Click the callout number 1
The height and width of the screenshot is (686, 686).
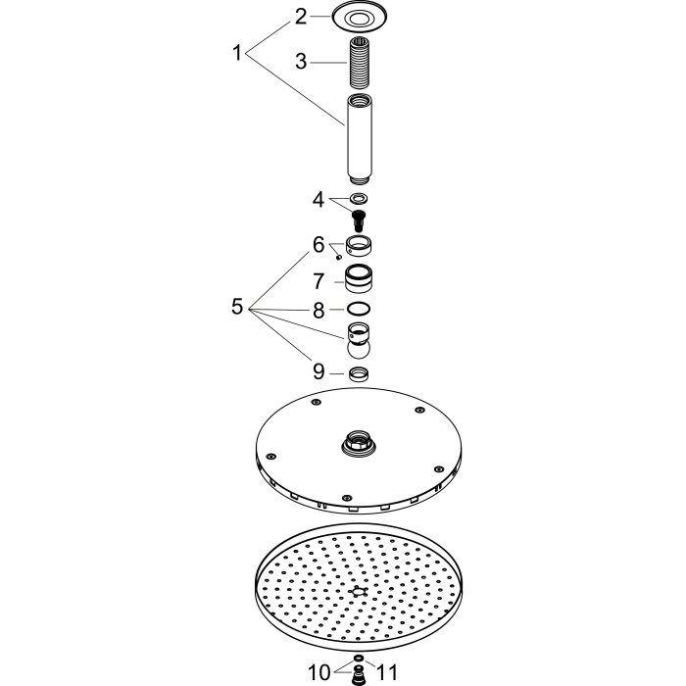point(237,53)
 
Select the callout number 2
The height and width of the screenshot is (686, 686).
point(301,17)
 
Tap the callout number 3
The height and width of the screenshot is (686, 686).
point(301,61)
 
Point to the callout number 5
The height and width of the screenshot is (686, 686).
point(237,306)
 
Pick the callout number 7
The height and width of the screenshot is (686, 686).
point(318,281)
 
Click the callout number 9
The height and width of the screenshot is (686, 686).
point(318,371)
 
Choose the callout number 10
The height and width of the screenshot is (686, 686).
point(319,672)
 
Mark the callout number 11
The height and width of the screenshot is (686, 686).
point(387,672)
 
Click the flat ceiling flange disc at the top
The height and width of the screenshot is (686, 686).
point(360,17)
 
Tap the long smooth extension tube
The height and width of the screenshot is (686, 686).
point(360,139)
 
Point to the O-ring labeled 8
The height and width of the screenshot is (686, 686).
point(359,309)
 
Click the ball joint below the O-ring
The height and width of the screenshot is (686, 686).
point(360,341)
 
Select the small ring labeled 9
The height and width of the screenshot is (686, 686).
point(359,373)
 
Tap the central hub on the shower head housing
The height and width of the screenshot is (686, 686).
point(359,442)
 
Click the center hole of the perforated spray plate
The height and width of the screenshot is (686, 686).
point(359,592)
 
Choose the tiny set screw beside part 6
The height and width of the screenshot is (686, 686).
point(339,258)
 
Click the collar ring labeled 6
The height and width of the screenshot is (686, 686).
point(359,245)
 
